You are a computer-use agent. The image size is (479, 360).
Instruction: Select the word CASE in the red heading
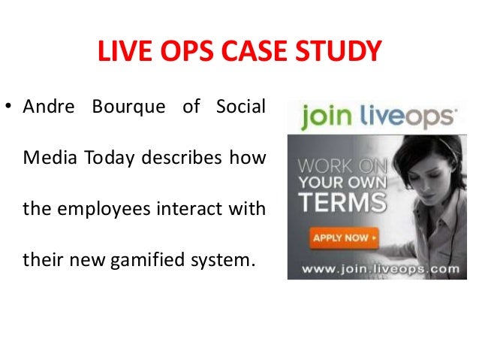click(x=258, y=52)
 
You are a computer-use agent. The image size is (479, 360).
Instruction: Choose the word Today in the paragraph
click(x=106, y=158)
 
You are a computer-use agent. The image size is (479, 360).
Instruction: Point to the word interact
click(x=194, y=207)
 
